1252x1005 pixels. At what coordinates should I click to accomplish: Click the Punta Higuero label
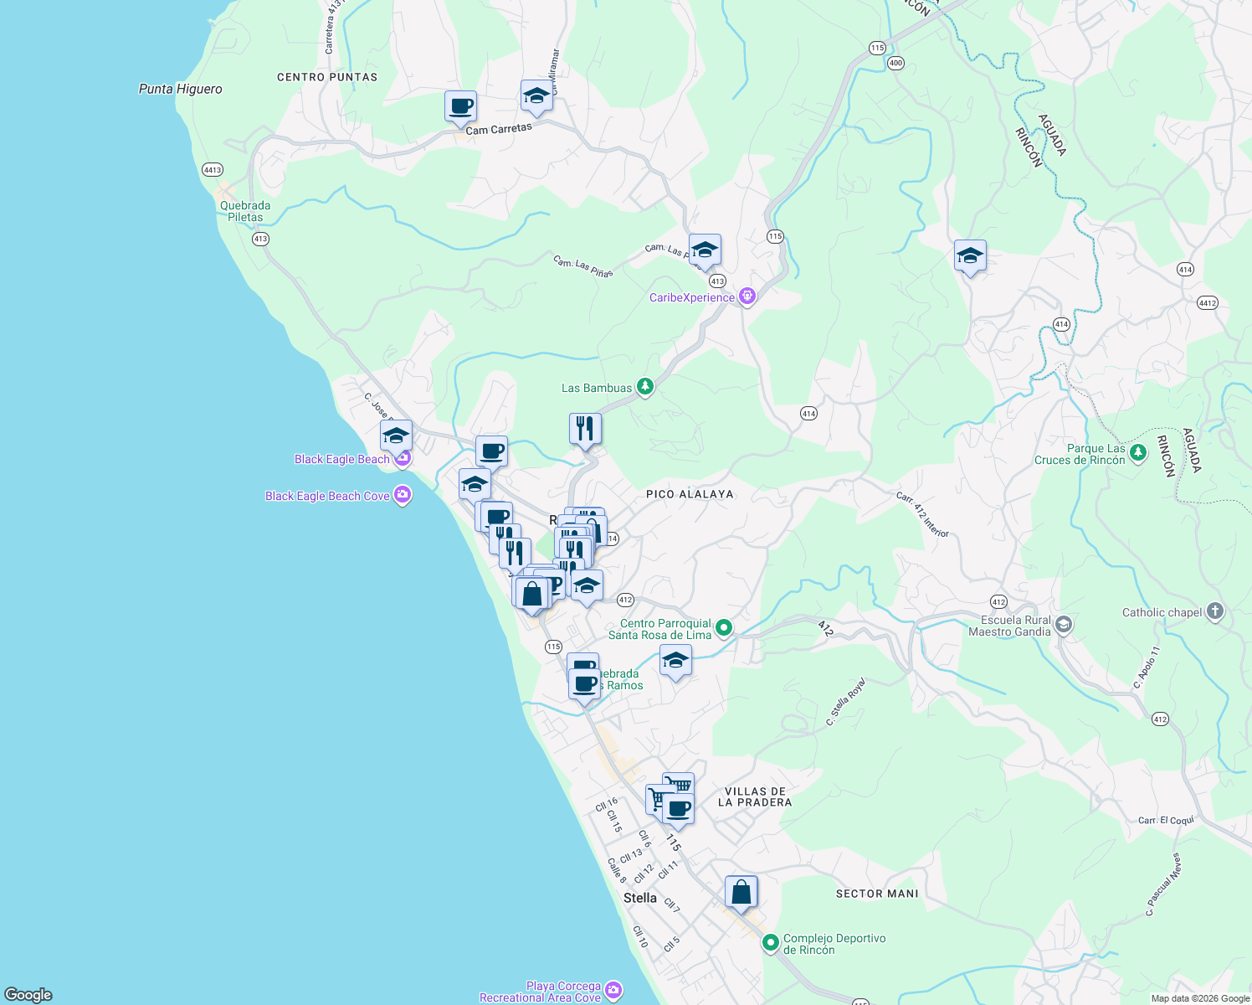[x=181, y=89]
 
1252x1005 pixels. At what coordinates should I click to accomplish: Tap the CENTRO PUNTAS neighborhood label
[x=327, y=77]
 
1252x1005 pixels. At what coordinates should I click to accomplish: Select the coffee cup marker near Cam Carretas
[x=460, y=107]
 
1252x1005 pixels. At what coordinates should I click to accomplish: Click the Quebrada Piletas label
[x=245, y=211]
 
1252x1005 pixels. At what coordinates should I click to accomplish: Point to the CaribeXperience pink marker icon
[x=747, y=296]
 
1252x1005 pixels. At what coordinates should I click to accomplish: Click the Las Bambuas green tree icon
[x=644, y=387]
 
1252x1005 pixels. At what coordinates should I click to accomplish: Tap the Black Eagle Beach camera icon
[x=403, y=458]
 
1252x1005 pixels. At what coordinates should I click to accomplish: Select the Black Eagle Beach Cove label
[x=327, y=496]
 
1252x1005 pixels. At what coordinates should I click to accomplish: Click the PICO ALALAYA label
[x=690, y=494]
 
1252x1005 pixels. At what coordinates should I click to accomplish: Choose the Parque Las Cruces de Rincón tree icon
[x=1137, y=453]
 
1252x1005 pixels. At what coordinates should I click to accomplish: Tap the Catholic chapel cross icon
[x=1215, y=611]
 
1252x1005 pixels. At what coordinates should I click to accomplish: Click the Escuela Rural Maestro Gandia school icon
[x=1063, y=625]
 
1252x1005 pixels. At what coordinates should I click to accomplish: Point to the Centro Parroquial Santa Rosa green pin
[x=725, y=627]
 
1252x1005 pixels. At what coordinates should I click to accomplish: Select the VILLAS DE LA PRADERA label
[x=755, y=796]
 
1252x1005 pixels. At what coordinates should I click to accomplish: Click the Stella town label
[x=640, y=898]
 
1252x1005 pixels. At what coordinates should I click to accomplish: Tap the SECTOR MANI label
[x=877, y=894]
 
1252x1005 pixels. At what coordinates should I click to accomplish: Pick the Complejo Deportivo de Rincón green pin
[x=771, y=943]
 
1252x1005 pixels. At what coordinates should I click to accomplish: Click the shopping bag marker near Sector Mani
[x=741, y=892]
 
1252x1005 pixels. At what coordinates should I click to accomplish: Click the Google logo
[x=28, y=994]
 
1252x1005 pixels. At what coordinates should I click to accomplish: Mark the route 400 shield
[x=896, y=63]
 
